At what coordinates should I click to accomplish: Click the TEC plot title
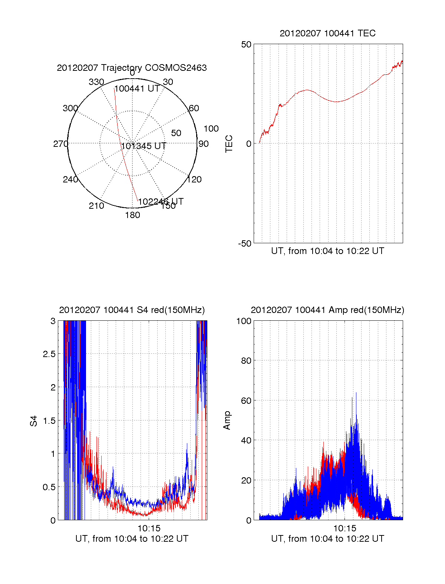(x=327, y=33)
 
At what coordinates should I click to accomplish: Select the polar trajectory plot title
(x=132, y=68)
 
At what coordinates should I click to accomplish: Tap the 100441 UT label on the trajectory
(x=137, y=89)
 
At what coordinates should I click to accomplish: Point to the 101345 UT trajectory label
(x=144, y=146)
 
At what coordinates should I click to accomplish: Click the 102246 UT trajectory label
(x=161, y=202)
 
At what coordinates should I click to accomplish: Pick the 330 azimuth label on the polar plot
(x=96, y=82)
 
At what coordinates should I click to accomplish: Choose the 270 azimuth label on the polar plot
(x=60, y=144)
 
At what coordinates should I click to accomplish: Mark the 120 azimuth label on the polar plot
(x=194, y=179)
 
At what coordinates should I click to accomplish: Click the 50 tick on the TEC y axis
(x=246, y=44)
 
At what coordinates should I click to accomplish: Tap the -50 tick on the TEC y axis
(x=245, y=244)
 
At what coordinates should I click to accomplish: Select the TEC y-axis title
(x=229, y=144)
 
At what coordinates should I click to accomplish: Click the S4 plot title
(x=132, y=310)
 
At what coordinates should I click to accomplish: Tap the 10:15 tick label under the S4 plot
(x=149, y=528)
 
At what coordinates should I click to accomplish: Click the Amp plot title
(x=327, y=310)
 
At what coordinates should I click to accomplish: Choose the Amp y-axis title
(x=227, y=420)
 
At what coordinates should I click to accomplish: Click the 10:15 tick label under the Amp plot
(x=345, y=528)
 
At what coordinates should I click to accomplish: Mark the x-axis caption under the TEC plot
(x=327, y=251)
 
